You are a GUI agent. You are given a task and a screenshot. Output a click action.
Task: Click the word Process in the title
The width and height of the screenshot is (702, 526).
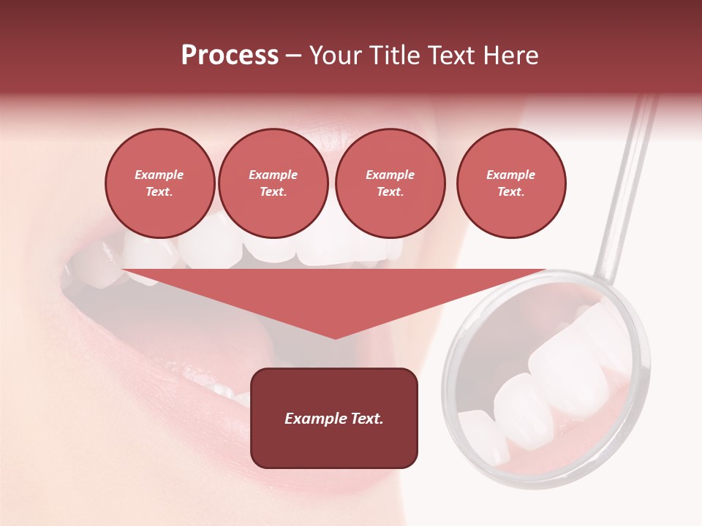pyautogui.click(x=230, y=56)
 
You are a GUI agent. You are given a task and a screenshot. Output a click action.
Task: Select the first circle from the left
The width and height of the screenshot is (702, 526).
pyautogui.click(x=159, y=183)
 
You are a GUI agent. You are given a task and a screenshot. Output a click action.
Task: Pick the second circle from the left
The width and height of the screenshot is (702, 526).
pyautogui.click(x=273, y=183)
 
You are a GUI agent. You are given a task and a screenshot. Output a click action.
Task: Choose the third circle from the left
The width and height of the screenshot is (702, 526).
pyautogui.click(x=390, y=183)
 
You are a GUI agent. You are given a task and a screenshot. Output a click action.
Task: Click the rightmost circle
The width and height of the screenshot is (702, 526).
pyautogui.click(x=511, y=183)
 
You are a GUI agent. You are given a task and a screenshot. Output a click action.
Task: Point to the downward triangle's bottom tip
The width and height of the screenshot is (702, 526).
pyautogui.click(x=335, y=338)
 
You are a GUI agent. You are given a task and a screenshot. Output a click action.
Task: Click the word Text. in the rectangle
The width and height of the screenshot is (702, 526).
pyautogui.click(x=367, y=419)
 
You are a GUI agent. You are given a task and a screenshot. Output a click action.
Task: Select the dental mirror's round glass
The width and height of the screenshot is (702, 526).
pyautogui.click(x=548, y=380)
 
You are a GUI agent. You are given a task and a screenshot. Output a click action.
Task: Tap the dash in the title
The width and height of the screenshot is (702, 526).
pyautogui.click(x=293, y=56)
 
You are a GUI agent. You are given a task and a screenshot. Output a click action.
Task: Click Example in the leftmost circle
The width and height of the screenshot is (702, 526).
pyautogui.click(x=159, y=175)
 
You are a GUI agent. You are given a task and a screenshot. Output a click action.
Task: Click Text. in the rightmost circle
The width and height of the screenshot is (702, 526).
pyautogui.click(x=511, y=192)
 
